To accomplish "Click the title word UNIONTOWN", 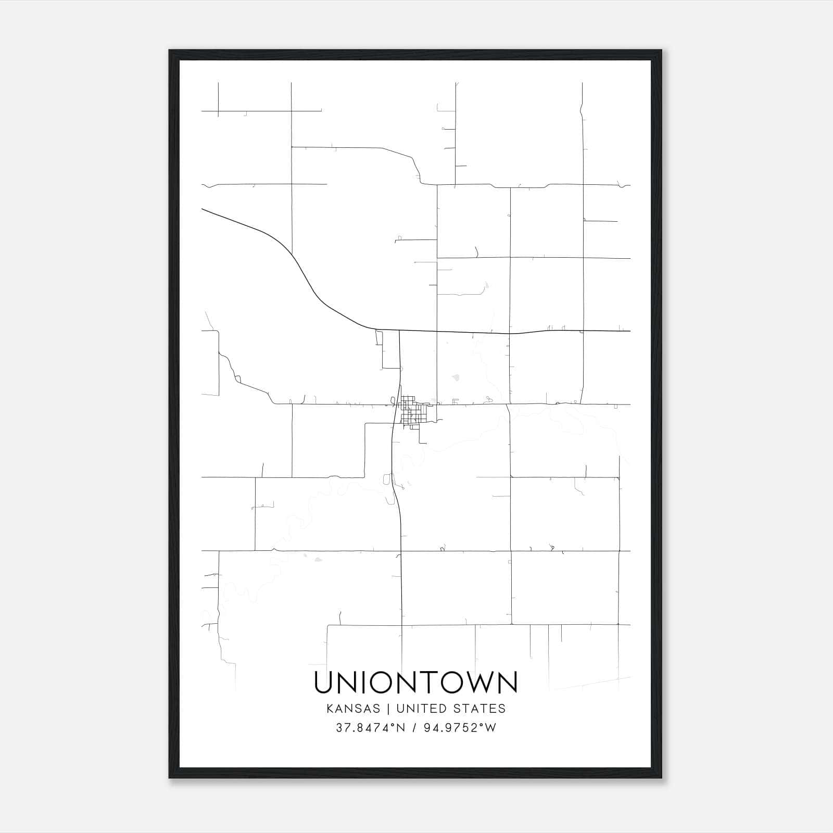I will coord(416,683).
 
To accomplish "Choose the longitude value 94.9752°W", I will coord(459,728).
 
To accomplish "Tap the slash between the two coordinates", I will coord(414,728).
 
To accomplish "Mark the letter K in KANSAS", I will coord(330,709).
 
